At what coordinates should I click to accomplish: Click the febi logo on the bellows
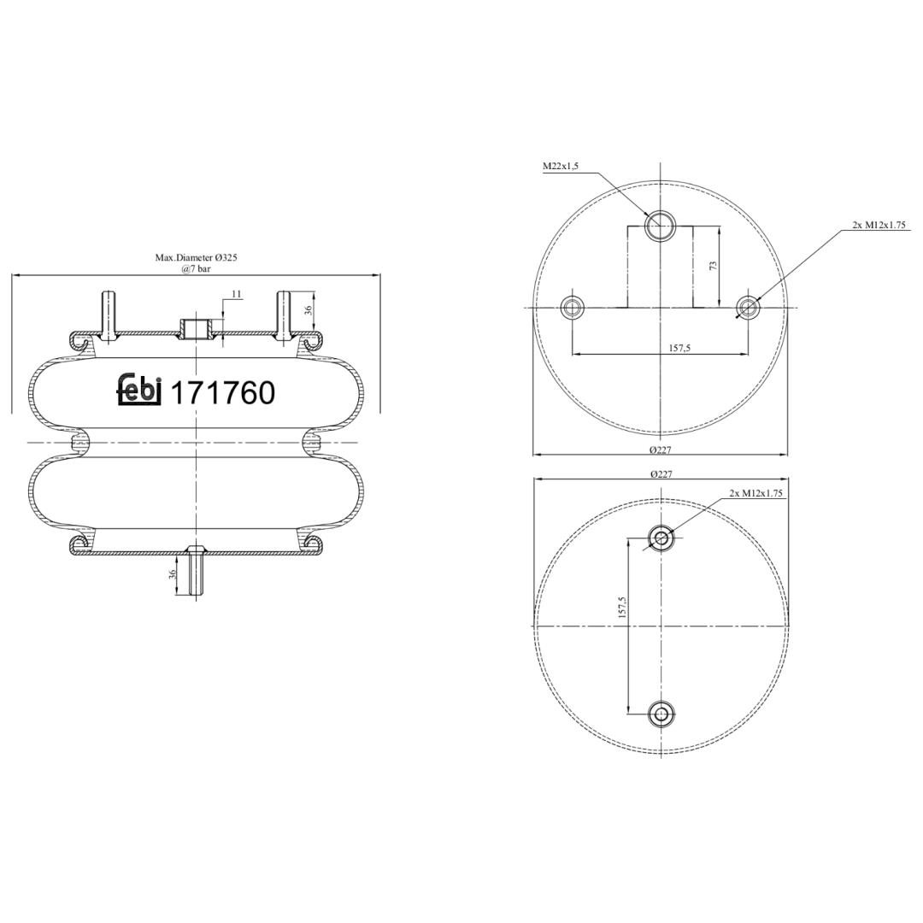[x=139, y=390]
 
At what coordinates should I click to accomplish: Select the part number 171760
[x=222, y=393]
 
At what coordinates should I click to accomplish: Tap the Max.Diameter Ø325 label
[x=196, y=258]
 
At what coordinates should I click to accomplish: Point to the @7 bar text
[x=196, y=269]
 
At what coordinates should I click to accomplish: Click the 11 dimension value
[x=238, y=293]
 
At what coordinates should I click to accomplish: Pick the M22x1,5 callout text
[x=561, y=166]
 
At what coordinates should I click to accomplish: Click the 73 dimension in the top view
[x=714, y=266]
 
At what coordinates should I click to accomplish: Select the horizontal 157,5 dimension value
[x=679, y=348]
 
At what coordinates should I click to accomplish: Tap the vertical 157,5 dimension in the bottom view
[x=623, y=607]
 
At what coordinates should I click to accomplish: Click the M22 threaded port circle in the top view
[x=661, y=226]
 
